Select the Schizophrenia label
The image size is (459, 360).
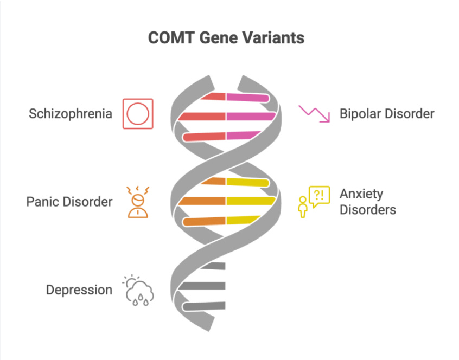tap(71, 114)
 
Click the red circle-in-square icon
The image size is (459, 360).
tap(138, 114)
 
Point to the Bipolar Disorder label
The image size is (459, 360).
tap(387, 114)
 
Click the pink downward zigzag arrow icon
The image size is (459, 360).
tap(315, 113)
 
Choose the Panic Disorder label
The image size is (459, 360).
tap(69, 202)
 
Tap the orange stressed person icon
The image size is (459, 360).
tap(138, 202)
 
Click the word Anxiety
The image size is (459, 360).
tap(361, 194)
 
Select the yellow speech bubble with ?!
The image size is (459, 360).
tap(318, 195)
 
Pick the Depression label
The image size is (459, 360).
tap(79, 290)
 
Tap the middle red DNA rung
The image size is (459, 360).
tap(202, 117)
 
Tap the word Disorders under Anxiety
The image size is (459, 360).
tap(368, 210)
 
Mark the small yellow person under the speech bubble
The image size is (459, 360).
tap(303, 208)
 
